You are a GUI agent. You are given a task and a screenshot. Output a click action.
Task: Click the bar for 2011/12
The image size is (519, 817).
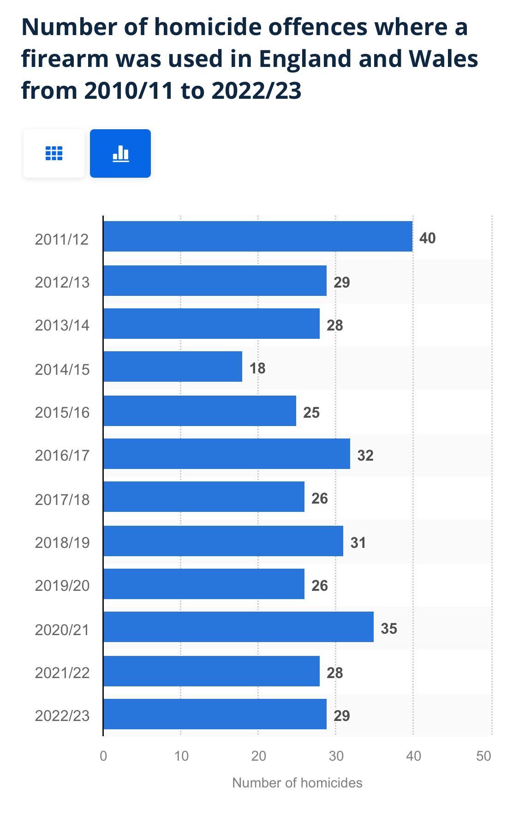[257, 236]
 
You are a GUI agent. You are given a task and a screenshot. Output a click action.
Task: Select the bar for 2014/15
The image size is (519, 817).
[173, 366]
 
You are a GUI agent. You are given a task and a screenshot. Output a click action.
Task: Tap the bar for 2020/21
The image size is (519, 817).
[238, 627]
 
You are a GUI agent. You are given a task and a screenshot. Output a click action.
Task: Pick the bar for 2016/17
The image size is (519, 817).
[227, 454]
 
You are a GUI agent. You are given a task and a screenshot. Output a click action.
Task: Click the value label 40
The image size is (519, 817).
[427, 238]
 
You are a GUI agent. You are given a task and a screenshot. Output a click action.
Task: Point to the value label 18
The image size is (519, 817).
[257, 368]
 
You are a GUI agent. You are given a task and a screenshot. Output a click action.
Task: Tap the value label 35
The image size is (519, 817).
[389, 629]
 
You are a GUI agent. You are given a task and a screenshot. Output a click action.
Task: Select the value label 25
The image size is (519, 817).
[311, 413]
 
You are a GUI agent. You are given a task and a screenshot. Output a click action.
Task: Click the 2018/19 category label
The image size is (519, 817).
[62, 542]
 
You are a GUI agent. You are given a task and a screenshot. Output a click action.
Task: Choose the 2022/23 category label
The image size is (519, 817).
[62, 715]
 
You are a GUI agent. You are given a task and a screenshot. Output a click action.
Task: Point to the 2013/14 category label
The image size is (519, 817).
[62, 325]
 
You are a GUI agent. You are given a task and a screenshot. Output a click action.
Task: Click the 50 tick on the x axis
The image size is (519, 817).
[483, 756]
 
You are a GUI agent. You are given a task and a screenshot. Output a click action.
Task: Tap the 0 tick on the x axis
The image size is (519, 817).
[103, 756]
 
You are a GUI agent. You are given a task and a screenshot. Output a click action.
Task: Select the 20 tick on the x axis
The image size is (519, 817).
[258, 756]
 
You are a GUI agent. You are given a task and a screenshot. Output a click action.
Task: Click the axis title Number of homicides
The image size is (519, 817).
[297, 783]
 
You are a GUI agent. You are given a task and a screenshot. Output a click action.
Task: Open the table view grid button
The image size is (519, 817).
[54, 153]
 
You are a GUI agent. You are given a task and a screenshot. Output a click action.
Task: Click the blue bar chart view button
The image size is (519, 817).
[120, 153]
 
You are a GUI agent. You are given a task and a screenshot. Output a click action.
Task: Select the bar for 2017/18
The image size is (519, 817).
[204, 497]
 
